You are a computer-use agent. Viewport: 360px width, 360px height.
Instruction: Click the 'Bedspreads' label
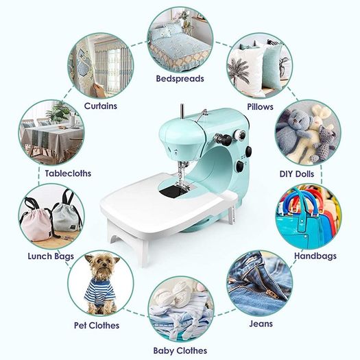point(180,79)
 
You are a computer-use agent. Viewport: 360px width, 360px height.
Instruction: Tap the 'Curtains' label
point(101,106)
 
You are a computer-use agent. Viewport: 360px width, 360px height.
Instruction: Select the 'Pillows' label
point(260,107)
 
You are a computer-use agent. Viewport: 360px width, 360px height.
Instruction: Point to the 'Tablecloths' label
point(68,173)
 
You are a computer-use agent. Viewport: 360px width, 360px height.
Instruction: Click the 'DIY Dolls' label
point(297,174)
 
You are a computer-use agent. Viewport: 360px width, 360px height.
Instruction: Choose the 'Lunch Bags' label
point(51,256)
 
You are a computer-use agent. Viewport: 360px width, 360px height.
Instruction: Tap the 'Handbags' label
point(315,256)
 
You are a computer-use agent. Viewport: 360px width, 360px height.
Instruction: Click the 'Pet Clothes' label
point(97,325)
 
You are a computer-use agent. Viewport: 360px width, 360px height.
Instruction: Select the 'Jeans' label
point(261,324)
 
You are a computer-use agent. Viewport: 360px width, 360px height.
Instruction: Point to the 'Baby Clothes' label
point(180,351)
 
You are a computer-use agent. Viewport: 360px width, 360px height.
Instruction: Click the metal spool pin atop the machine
point(182,111)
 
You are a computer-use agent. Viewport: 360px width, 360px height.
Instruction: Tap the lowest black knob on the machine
point(240,167)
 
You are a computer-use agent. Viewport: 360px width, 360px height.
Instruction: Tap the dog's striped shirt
point(100,291)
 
